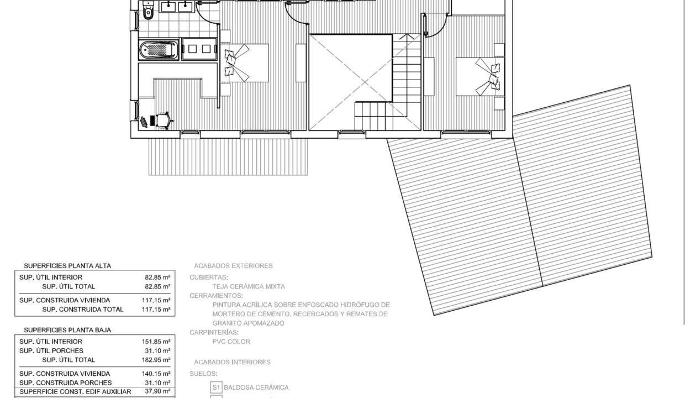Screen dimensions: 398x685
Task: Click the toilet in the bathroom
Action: pos(147,11)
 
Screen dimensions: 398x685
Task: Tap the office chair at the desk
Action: pos(162,119)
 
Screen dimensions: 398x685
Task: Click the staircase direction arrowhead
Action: pos(408,39)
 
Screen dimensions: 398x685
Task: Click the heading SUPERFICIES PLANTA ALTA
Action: pos(67,266)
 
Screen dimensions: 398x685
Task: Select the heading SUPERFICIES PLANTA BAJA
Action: pos(67,330)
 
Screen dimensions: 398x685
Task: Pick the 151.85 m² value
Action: pos(156,342)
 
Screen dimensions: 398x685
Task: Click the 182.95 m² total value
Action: pos(156,360)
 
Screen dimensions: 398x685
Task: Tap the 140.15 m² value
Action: pos(156,374)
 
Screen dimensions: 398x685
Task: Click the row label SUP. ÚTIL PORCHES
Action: pos(51,350)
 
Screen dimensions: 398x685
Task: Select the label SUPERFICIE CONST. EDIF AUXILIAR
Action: pos(75,392)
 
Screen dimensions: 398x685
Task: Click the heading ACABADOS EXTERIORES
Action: pos(233,266)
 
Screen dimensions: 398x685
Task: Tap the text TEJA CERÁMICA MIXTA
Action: pos(249,286)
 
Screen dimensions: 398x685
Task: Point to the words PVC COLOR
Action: pos(231,342)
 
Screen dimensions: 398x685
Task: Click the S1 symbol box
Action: pos(216,387)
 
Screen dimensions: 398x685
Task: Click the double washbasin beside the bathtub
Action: pos(199,49)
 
